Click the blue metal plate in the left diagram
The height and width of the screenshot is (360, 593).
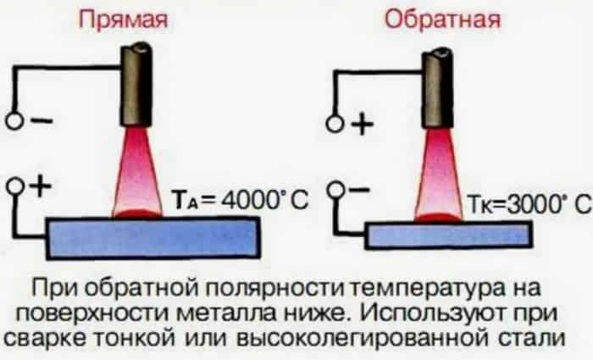[x=152, y=237]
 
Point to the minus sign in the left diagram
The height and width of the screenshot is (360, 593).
[x=42, y=120]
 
